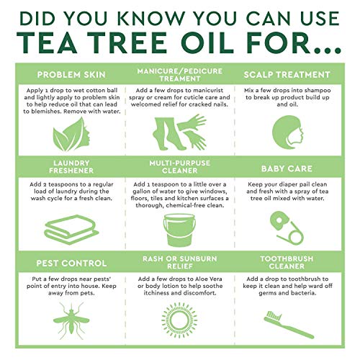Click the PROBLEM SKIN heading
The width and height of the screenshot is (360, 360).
(x=71, y=75)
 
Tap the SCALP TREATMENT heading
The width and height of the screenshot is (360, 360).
(x=287, y=75)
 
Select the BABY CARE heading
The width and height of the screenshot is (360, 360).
(x=287, y=168)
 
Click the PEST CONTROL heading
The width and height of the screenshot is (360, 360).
(x=71, y=264)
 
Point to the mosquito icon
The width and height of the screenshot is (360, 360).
(x=71, y=320)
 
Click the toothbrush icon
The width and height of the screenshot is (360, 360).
(x=289, y=325)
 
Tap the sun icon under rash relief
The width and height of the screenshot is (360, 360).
(x=179, y=320)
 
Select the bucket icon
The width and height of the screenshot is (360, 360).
(x=179, y=230)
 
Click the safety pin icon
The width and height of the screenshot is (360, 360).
(x=287, y=228)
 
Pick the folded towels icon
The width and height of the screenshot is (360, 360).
(x=71, y=230)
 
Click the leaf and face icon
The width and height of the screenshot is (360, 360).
(x=71, y=135)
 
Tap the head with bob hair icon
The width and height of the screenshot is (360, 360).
(x=287, y=132)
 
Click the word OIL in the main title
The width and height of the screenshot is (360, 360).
(x=207, y=42)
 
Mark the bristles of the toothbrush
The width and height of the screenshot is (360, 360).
(x=274, y=315)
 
